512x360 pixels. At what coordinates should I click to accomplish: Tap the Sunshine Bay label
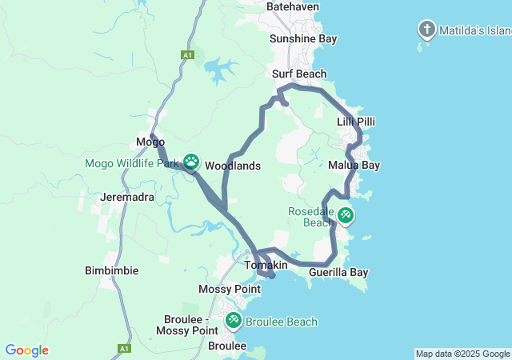pos(303,38)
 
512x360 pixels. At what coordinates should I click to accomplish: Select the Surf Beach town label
pos(299,74)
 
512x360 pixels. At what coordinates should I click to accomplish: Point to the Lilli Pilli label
pos(355,122)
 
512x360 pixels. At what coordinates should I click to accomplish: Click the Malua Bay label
pos(354,165)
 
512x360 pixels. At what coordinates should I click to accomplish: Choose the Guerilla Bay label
pos(338,272)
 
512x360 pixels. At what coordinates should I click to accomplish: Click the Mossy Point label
pos(228,288)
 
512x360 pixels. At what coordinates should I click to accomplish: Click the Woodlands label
pos(233,166)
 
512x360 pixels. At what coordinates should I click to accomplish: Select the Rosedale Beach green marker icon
pos(345,215)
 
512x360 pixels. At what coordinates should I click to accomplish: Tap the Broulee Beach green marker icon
pos(234,321)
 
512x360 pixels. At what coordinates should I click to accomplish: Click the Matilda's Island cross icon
pos(427,30)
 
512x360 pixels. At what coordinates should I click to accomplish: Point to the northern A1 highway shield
pos(187,54)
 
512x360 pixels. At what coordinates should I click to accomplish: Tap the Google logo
pos(26,350)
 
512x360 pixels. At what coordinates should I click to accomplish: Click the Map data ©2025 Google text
pos(462,354)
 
